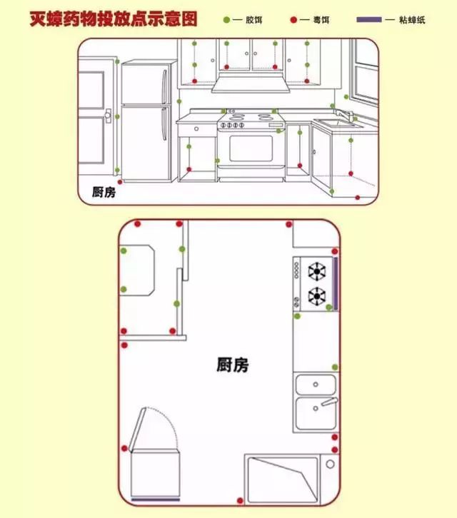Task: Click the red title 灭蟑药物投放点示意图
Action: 113,18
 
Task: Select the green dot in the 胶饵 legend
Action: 227,20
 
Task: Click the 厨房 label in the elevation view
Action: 104,191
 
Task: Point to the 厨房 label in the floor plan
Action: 232,365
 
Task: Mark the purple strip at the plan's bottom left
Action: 156,497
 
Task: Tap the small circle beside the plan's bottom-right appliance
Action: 330,464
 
